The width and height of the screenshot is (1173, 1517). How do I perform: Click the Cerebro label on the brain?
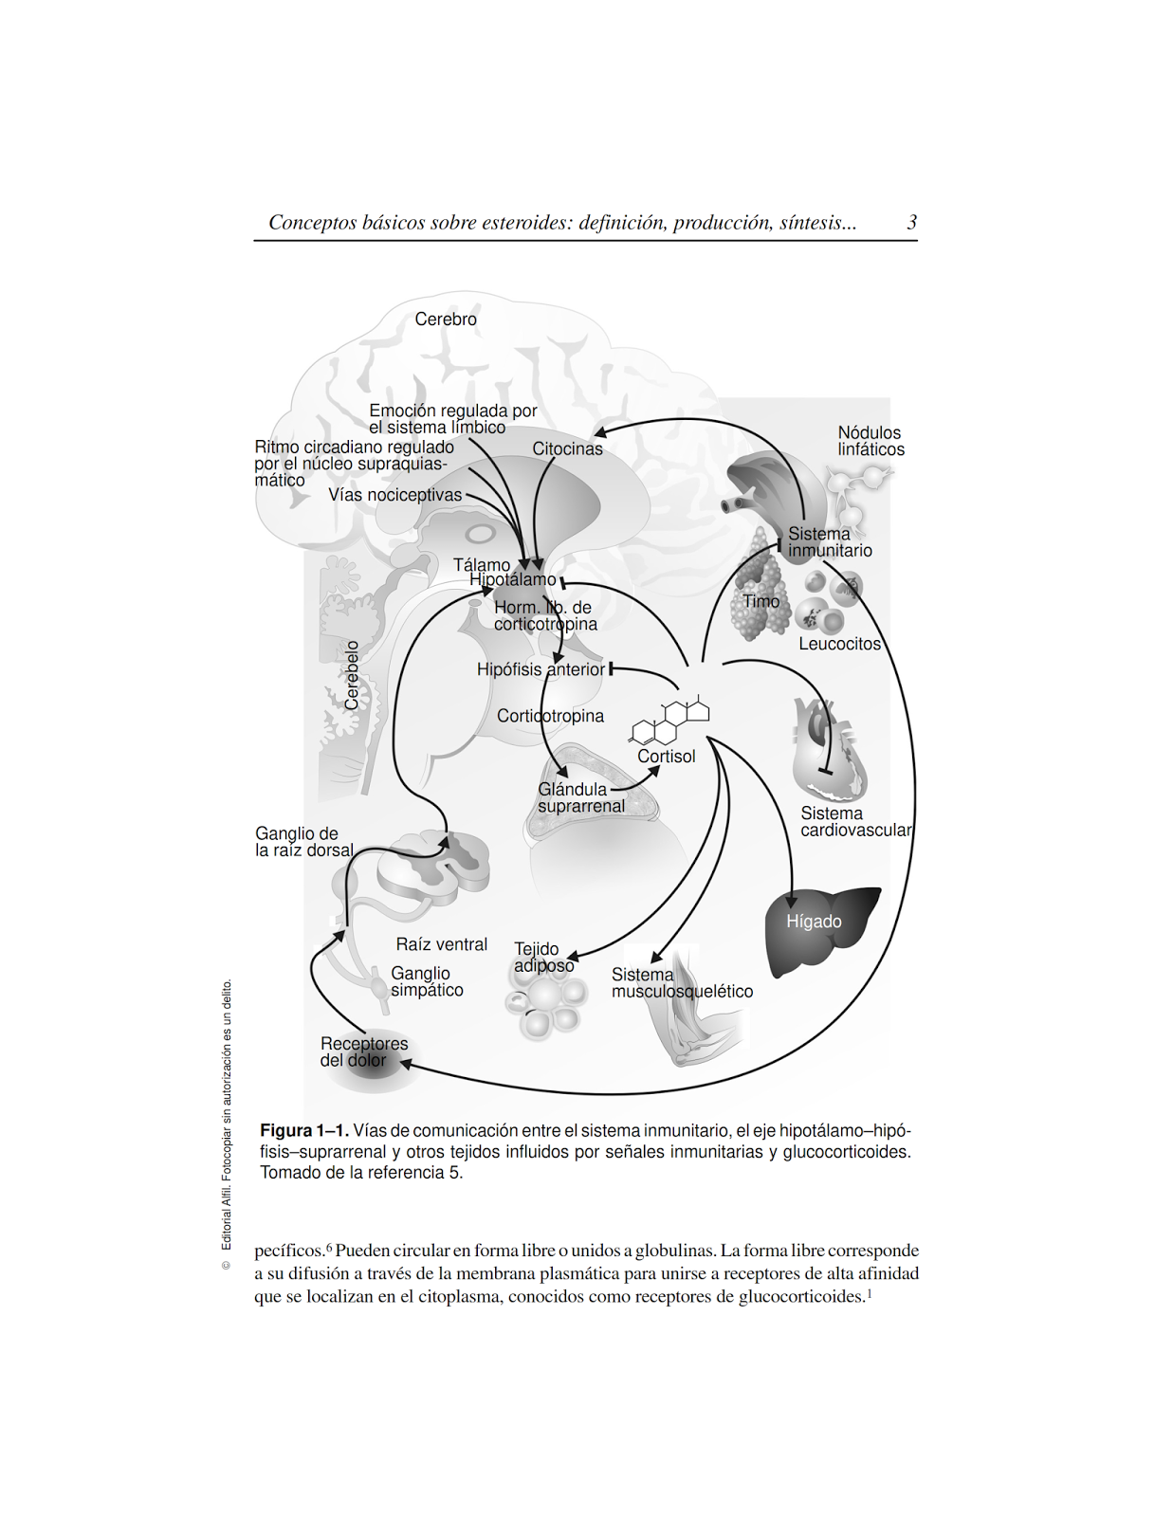click(445, 320)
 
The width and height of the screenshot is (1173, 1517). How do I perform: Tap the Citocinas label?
click(567, 449)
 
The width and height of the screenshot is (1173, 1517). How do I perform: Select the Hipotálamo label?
click(513, 579)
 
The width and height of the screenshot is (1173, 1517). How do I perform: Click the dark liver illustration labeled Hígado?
click(816, 929)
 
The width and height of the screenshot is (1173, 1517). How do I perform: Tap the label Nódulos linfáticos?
click(870, 441)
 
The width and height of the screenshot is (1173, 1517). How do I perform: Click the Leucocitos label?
click(839, 644)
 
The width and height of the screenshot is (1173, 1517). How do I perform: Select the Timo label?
click(761, 601)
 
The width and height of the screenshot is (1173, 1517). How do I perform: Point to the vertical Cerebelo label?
click(352, 675)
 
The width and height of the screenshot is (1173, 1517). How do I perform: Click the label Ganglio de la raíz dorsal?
click(302, 842)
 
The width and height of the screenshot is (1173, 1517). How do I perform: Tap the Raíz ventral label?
click(441, 944)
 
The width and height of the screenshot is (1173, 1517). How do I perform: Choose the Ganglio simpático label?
click(427, 981)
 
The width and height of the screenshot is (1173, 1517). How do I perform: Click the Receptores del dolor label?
click(363, 1051)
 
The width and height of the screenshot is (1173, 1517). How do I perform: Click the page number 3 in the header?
click(911, 223)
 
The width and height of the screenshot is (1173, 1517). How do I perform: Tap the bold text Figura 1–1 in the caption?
click(303, 1130)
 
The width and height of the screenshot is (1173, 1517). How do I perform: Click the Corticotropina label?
click(550, 716)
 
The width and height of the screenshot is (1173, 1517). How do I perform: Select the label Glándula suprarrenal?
click(580, 797)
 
